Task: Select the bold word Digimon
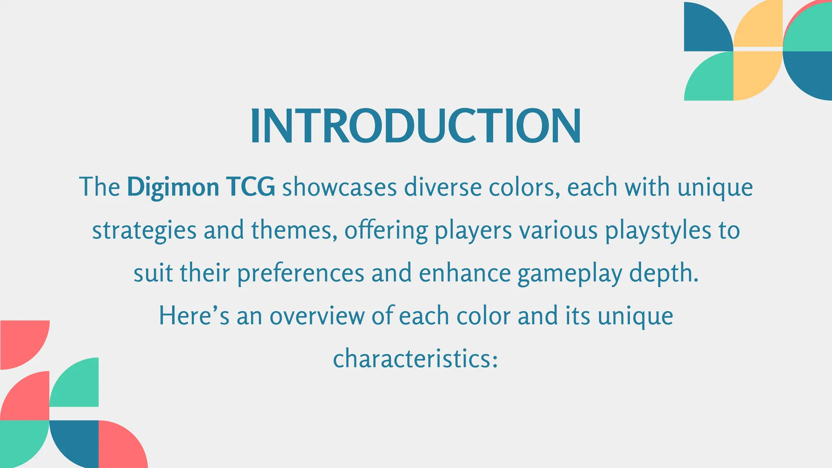(173, 188)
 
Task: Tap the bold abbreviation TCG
(251, 188)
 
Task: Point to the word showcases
(339, 188)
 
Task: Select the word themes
(294, 230)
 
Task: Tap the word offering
(386, 231)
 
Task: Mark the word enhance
(465, 273)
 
